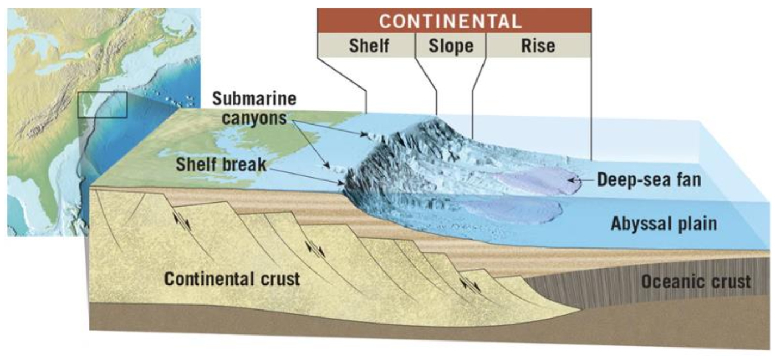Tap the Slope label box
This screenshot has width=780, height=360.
(x=450, y=46)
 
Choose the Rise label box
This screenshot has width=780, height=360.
(x=537, y=46)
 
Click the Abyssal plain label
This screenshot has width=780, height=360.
(x=664, y=223)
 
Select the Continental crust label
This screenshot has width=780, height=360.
(x=232, y=279)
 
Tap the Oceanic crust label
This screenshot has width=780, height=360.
(x=696, y=281)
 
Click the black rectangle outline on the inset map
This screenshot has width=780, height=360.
(x=102, y=104)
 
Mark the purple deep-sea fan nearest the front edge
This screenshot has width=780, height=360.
(x=511, y=209)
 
